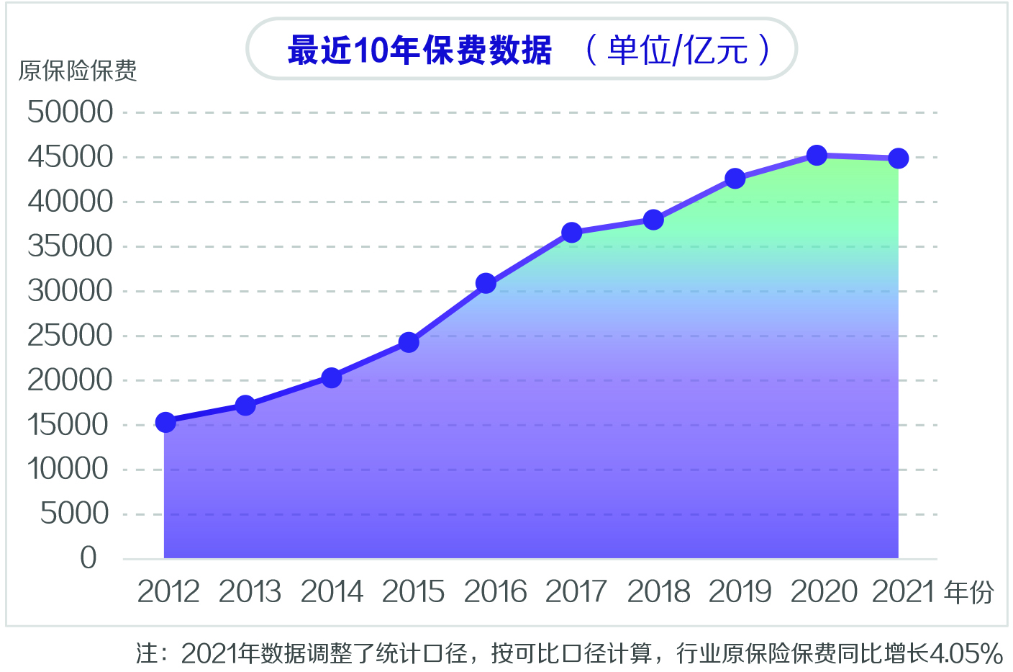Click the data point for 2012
(165, 422)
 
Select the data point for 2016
(486, 283)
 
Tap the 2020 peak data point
(817, 155)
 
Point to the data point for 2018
(653, 220)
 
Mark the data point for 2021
(898, 158)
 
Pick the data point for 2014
(332, 377)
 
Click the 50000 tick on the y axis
(71, 112)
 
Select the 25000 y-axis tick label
(71, 336)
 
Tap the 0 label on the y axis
(88, 557)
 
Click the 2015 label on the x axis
(413, 592)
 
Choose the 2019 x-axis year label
(740, 592)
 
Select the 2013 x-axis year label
(250, 592)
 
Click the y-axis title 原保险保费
(78, 71)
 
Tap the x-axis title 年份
(969, 592)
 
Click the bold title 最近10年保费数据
(419, 50)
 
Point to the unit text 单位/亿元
(677, 50)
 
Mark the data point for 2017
(571, 233)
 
